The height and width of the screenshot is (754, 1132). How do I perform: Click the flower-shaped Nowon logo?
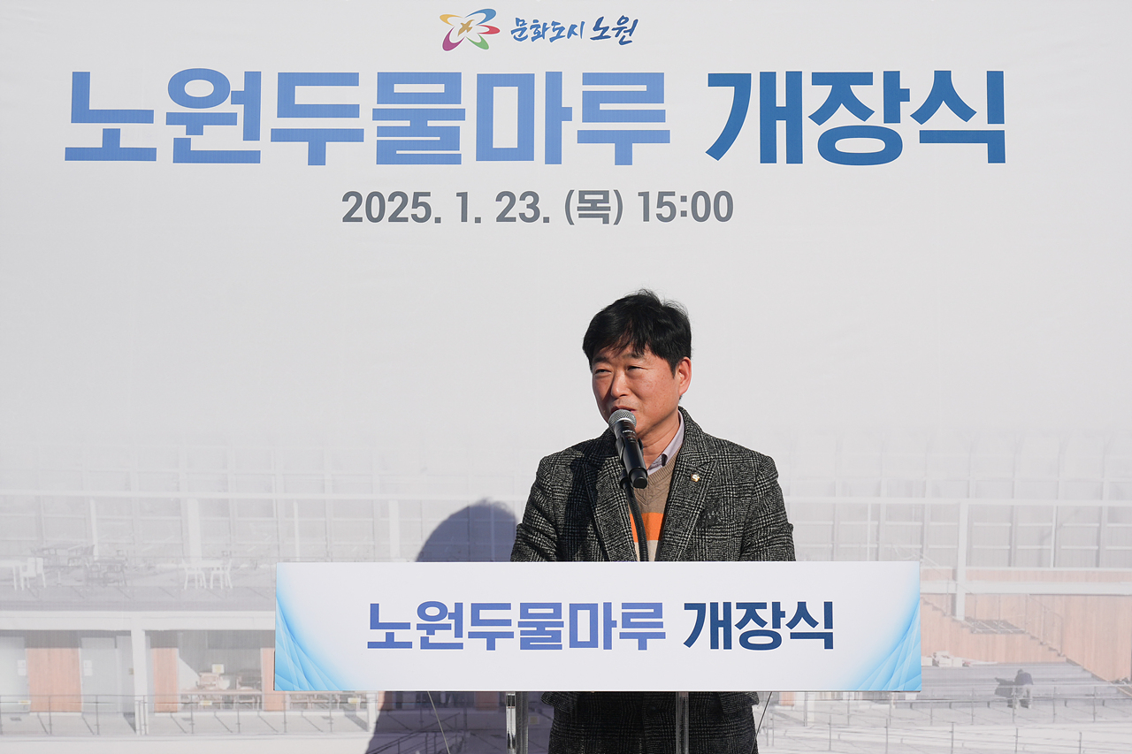[469, 29]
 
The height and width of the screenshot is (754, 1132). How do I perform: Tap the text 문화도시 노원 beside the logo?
[573, 29]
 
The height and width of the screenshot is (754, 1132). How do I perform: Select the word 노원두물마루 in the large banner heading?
[367, 118]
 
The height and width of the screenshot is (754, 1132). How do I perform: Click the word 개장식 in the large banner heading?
[855, 118]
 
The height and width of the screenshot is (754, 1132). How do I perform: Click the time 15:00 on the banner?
[685, 208]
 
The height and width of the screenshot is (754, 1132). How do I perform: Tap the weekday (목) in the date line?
[593, 208]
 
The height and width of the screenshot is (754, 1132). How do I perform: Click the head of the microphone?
[623, 423]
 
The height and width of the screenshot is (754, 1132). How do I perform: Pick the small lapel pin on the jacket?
[696, 478]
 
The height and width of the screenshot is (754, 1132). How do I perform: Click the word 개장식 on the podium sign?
[758, 626]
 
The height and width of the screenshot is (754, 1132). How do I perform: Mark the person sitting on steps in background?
[1022, 686]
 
